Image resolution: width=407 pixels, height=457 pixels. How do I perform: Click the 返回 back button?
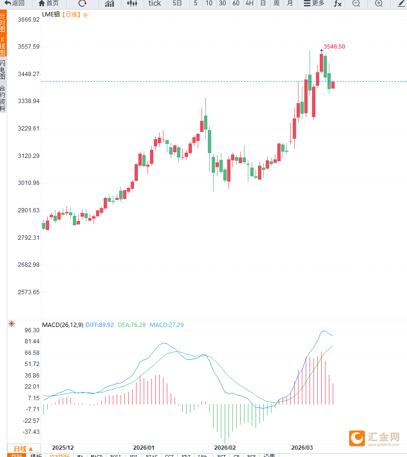14,3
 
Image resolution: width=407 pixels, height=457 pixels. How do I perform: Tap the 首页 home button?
49,3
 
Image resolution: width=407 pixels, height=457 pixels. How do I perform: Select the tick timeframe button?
155,3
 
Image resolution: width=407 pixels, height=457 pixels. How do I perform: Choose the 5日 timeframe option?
177,3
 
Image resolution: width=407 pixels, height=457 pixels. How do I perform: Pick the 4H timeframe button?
249,3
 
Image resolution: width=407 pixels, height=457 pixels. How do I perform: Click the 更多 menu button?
314,3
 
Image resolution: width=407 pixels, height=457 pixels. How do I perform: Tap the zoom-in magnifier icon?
379,3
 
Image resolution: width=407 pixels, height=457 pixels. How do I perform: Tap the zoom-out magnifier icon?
356,3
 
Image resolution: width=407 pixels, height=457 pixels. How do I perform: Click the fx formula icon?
338,3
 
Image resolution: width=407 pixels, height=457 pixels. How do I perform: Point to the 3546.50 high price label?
334,47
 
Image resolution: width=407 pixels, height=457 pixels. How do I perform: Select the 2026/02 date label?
225,447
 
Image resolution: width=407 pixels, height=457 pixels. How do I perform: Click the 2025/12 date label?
63,447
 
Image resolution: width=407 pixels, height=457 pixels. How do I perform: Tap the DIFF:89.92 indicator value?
99,325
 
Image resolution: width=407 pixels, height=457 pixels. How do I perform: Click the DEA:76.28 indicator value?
132,325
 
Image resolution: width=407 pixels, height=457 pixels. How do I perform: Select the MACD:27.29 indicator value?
166,325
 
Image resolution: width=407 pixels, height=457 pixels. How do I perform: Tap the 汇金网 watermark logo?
375,437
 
